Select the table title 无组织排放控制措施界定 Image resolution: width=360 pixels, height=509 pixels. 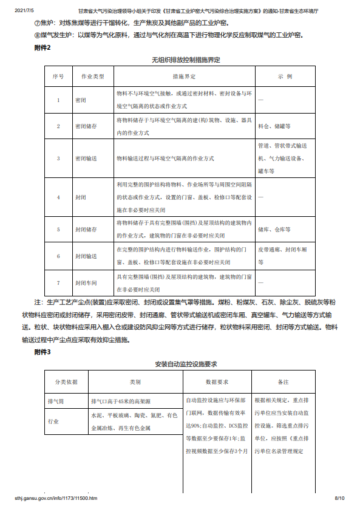click(x=186, y=61)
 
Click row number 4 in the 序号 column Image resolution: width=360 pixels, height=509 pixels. click(x=58, y=197)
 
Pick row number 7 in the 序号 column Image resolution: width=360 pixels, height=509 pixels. click(x=58, y=282)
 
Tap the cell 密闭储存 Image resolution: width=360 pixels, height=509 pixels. click(x=86, y=126)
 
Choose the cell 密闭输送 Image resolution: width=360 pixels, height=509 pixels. click(x=86, y=158)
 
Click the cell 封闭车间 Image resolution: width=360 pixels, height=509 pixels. click(x=86, y=282)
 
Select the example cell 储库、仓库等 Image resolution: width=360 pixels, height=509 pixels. click(x=274, y=230)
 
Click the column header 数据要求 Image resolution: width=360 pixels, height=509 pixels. click(x=217, y=383)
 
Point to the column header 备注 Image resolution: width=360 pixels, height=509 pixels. click(x=282, y=383)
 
